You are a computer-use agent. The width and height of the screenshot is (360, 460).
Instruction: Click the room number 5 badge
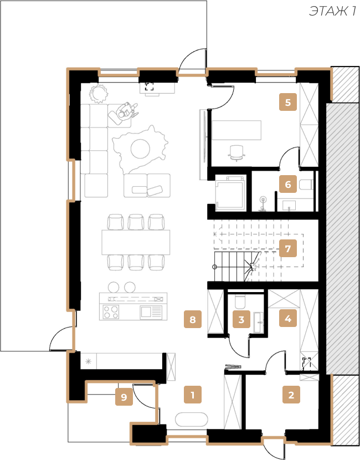tap(288, 102)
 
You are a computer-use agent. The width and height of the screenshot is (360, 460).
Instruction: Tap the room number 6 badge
tap(288, 184)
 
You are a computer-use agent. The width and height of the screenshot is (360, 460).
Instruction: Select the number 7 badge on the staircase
tap(288, 248)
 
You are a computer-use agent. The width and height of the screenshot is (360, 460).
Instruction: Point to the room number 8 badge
tap(193, 319)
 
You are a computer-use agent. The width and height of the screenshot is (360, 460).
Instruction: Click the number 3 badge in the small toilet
tap(241, 319)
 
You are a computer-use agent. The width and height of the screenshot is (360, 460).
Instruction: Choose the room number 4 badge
tap(288, 318)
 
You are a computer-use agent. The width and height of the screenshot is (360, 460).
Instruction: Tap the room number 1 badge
tap(193, 395)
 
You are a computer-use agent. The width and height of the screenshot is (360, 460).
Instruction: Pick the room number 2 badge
tap(291, 395)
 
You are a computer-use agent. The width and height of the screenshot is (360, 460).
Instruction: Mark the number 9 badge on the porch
tap(124, 397)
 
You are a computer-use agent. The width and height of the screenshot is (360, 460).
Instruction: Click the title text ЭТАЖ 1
tap(333, 12)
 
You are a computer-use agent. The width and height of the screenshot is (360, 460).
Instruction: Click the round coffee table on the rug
tap(141, 149)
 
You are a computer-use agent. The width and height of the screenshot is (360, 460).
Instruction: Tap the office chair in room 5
tap(236, 153)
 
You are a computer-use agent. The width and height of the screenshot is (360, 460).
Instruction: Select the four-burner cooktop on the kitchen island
tap(111, 311)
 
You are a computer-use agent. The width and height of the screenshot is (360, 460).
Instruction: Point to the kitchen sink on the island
tap(151, 312)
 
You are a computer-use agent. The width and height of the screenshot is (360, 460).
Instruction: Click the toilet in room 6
tap(306, 185)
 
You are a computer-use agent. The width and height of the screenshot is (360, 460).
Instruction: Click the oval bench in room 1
tap(192, 420)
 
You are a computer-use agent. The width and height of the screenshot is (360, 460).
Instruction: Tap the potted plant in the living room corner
tap(99, 93)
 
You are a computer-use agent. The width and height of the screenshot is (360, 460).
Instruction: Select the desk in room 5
tap(236, 130)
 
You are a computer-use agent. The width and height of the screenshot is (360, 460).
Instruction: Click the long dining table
tap(136, 242)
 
